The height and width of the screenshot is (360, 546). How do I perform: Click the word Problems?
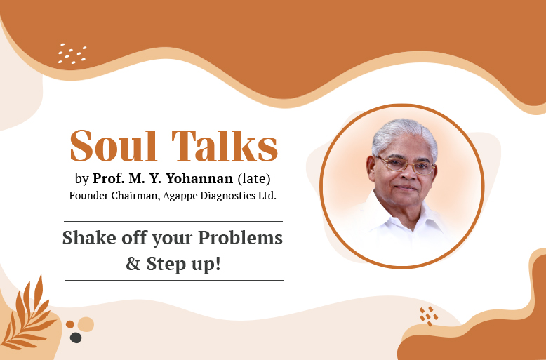pos(241,238)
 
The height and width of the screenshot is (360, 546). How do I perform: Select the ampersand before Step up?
pos(133,265)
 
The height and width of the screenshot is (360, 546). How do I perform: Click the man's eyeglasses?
pos(405,166)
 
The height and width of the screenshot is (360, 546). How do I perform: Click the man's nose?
pos(405,175)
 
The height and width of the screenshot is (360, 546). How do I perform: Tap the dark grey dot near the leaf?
pos(76,338)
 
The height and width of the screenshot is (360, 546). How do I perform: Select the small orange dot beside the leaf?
pos(69,324)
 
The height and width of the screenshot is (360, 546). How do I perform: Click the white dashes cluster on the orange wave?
pos(72,53)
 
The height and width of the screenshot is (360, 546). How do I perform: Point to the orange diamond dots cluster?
pos(428,316)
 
